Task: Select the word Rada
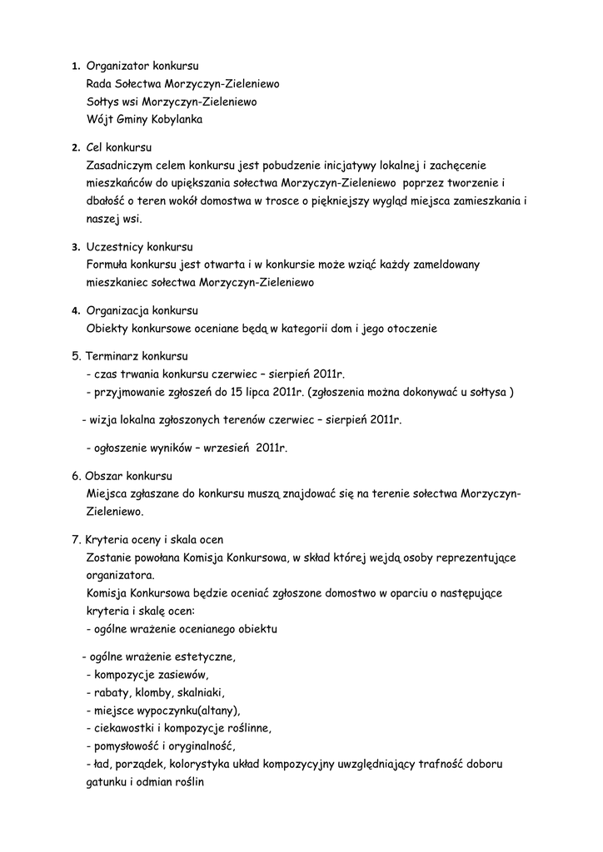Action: (x=100, y=84)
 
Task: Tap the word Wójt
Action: (x=99, y=120)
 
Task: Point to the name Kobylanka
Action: (x=177, y=120)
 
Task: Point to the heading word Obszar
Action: (x=103, y=477)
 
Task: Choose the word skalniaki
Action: (x=200, y=692)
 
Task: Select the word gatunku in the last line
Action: (x=107, y=783)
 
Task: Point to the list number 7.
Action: (x=75, y=540)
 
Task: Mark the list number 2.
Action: (x=75, y=148)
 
